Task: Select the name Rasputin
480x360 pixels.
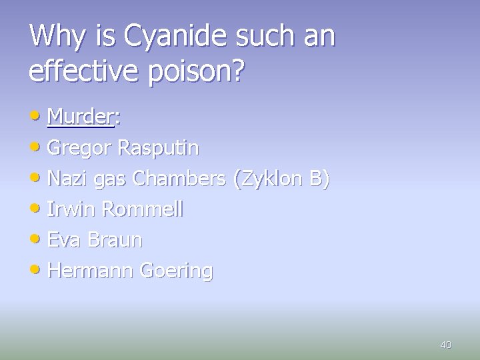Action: [x=157, y=148]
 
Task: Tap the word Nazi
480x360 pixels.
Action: [x=69, y=179]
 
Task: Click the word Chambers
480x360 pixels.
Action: [x=178, y=179]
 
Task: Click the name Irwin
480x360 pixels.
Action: [x=71, y=209]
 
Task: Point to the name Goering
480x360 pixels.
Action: [x=175, y=271]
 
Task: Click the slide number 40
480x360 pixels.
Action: [x=446, y=345]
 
